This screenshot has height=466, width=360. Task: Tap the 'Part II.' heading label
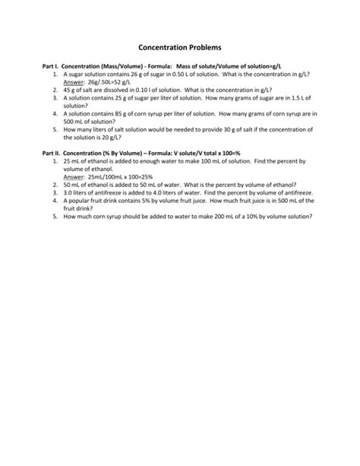click(52, 154)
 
